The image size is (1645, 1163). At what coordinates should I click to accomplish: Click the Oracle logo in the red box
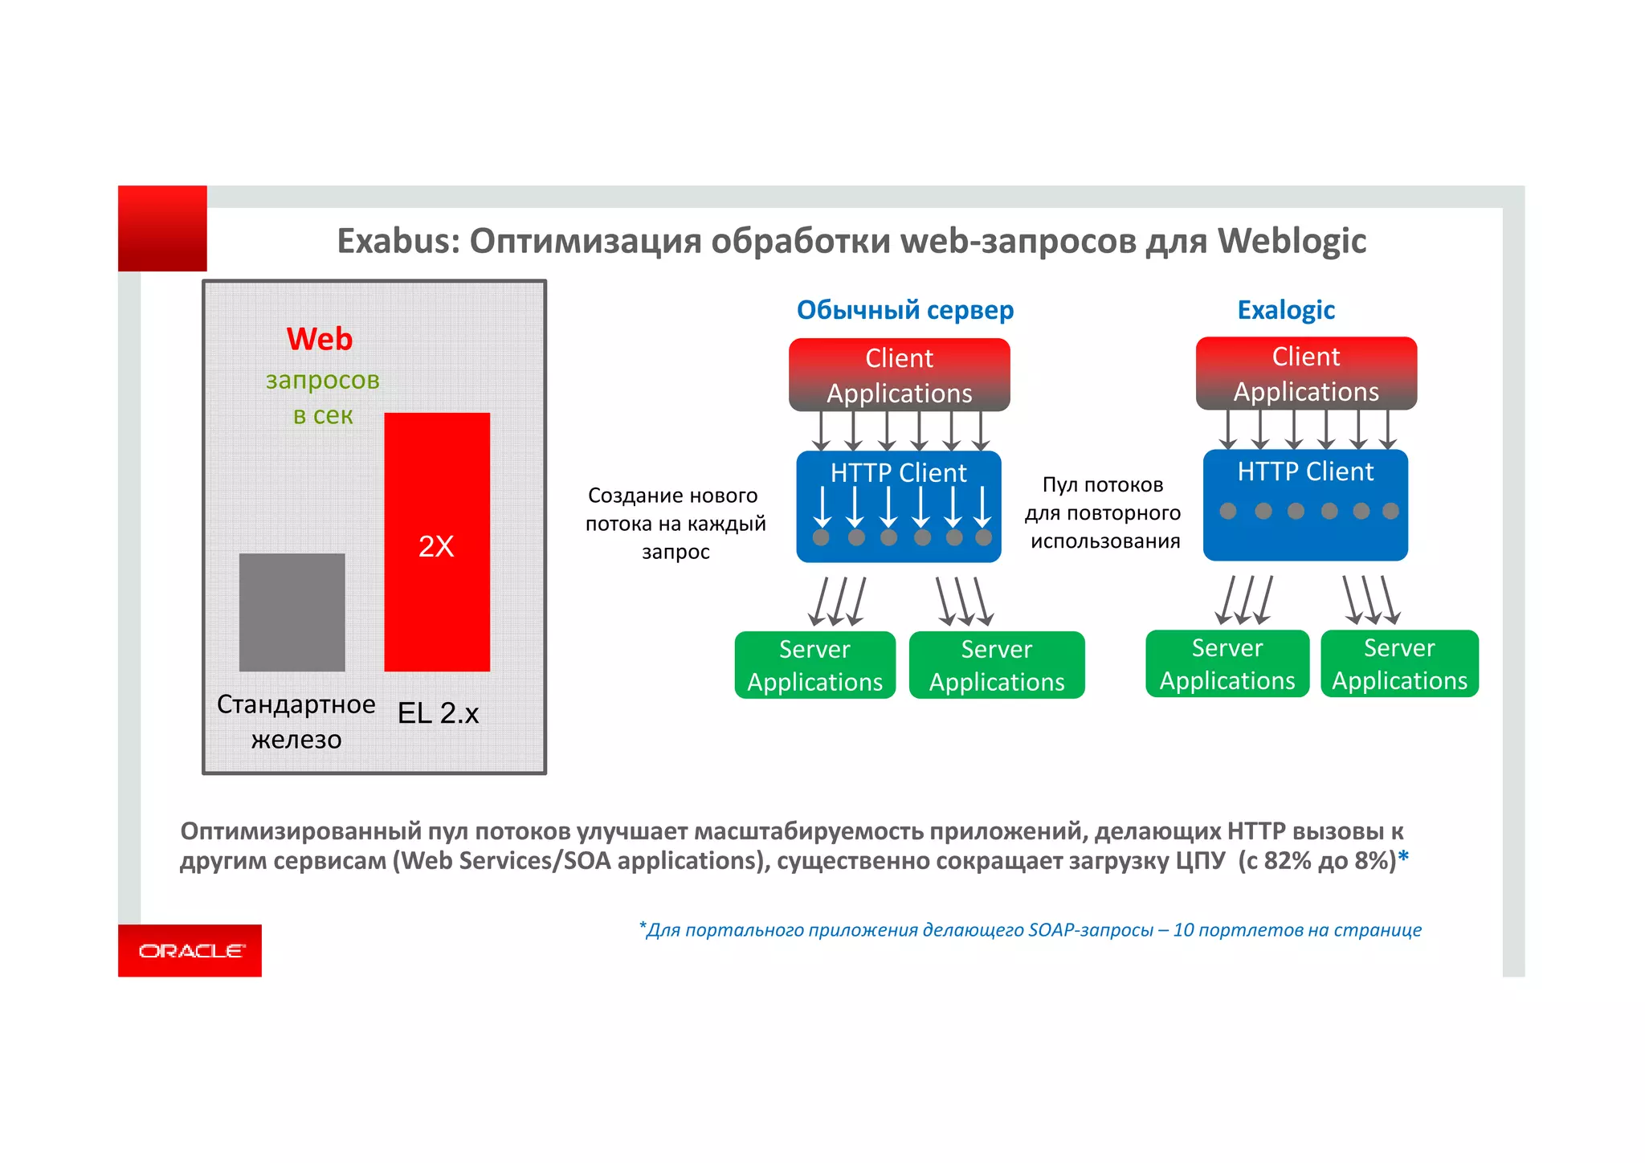(191, 951)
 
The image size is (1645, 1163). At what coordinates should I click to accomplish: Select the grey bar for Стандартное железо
(292, 612)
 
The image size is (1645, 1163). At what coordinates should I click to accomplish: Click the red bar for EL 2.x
(437, 482)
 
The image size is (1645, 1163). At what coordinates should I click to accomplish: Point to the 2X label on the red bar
(436, 546)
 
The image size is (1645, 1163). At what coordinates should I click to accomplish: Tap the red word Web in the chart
(320, 339)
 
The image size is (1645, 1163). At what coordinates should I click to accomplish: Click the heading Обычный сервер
(904, 310)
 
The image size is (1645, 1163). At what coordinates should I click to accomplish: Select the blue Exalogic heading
(1285, 310)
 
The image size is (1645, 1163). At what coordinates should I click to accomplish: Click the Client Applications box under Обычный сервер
(899, 375)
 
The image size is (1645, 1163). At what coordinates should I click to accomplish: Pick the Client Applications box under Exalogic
(1306, 373)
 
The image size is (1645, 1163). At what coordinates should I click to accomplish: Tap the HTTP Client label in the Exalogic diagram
(1305, 471)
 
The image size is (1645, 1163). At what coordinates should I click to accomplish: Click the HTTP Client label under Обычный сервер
(898, 473)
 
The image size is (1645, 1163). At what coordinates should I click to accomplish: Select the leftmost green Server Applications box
(814, 665)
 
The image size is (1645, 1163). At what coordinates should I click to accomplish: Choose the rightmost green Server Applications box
(1399, 663)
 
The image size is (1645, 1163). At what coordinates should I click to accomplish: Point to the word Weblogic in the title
(1292, 241)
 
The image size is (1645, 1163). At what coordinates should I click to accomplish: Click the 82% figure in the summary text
(1287, 860)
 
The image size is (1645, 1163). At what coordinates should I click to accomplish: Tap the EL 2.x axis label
(438, 713)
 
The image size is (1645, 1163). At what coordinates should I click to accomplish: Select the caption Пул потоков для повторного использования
(1104, 512)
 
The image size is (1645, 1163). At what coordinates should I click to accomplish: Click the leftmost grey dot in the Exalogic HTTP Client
(1228, 511)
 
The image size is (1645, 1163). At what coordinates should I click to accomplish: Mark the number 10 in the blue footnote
(1183, 930)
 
